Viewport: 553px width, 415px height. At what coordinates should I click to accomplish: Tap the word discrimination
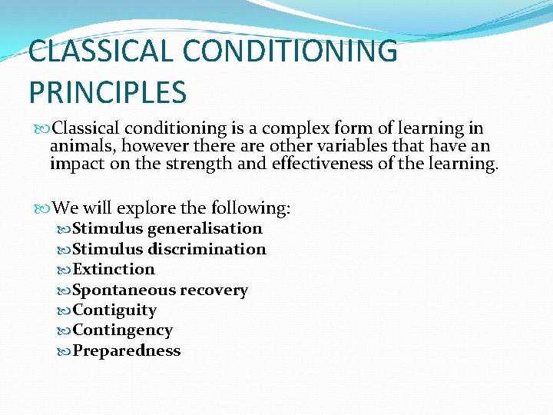tap(207, 249)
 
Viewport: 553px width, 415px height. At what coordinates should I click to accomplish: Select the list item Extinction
tap(114, 269)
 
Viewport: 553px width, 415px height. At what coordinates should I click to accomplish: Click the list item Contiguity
tap(114, 310)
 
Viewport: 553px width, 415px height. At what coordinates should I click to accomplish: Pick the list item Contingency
tap(122, 330)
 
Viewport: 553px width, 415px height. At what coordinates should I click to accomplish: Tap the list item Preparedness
tap(126, 350)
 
